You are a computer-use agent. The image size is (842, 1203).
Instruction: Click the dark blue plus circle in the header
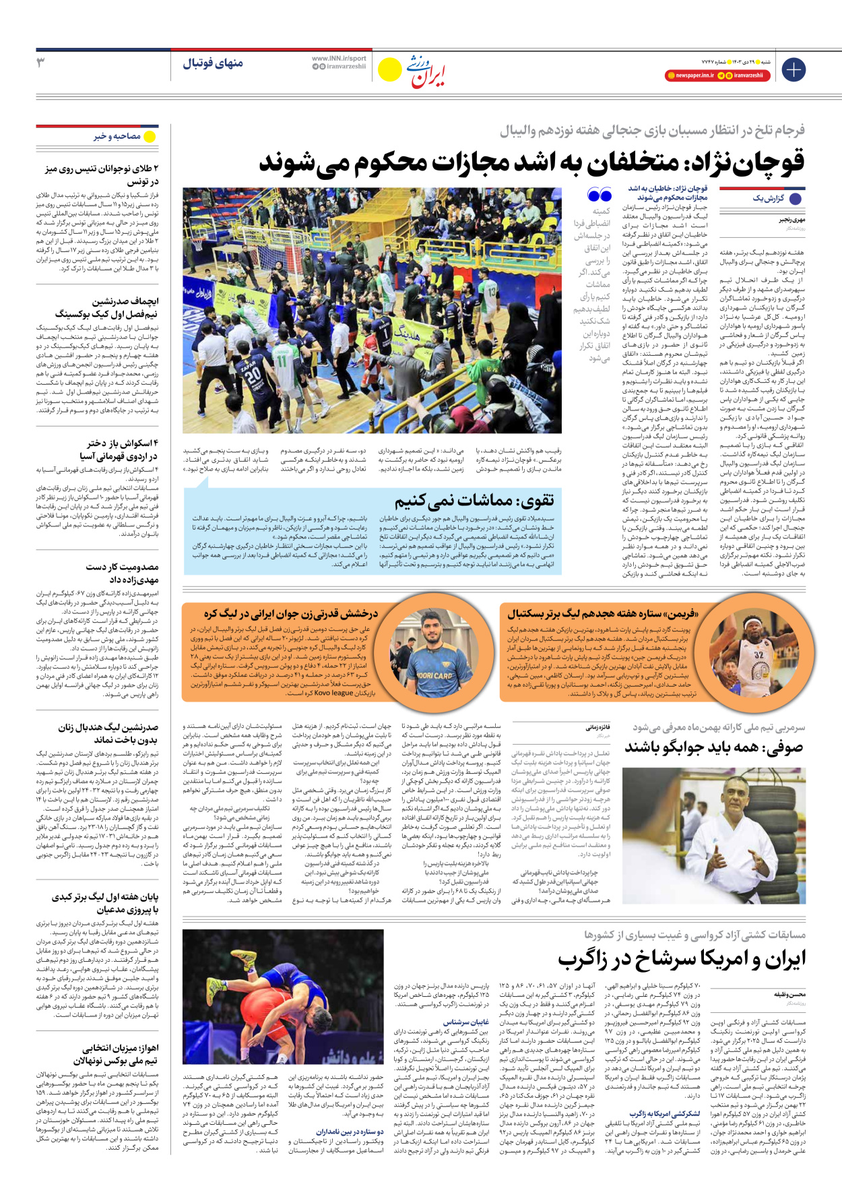click(794, 69)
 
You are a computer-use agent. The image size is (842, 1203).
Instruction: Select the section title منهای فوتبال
click(213, 63)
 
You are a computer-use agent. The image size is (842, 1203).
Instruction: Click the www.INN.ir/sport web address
click(339, 59)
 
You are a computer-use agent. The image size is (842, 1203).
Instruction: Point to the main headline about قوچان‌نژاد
click(531, 162)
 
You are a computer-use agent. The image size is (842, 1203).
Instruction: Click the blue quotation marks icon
click(599, 195)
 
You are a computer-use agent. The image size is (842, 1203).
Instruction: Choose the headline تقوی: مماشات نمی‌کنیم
click(474, 499)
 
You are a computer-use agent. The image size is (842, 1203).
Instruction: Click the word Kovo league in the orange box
click(333, 693)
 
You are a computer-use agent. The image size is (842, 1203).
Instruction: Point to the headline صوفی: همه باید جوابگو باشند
click(714, 747)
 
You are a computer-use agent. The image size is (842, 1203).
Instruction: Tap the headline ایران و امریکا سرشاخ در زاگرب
click(681, 959)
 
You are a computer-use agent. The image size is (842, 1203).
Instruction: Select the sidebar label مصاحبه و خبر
click(117, 136)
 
